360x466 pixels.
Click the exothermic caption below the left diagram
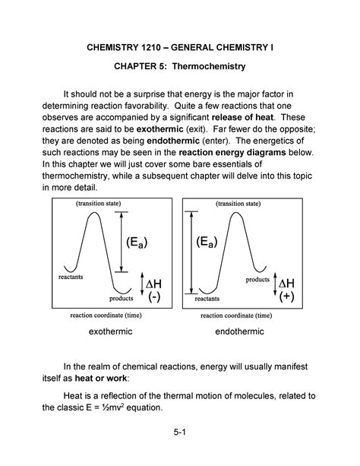(x=111, y=332)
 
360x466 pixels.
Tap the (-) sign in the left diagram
(x=153, y=296)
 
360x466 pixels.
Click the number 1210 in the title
(x=141, y=47)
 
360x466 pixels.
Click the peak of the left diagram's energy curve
(x=93, y=212)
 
